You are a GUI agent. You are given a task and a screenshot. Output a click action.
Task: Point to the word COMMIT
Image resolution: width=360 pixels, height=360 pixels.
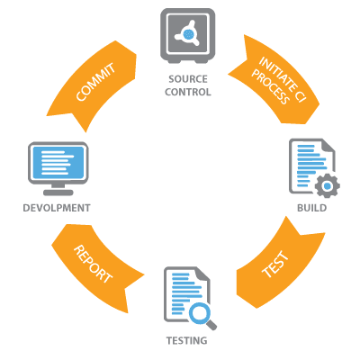pos(94,84)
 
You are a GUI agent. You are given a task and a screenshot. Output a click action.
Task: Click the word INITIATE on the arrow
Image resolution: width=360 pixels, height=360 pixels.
pos(274,72)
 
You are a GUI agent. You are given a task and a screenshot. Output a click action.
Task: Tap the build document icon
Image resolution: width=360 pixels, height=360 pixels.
pos(310,166)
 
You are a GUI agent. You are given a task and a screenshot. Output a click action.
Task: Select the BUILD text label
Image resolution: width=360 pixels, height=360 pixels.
pos(311,208)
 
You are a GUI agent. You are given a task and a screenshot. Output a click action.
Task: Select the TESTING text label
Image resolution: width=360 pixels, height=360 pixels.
pos(185,342)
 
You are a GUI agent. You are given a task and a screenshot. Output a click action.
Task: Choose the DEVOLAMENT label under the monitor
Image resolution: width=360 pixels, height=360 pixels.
pos(58,208)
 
